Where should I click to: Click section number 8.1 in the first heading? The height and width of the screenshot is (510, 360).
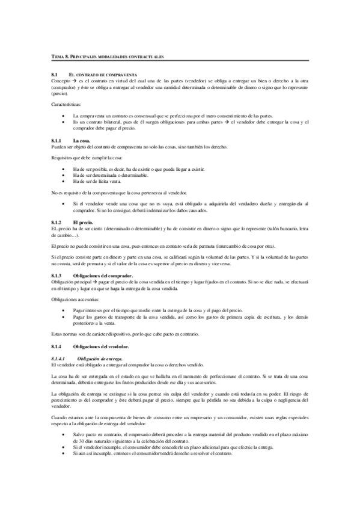(55, 74)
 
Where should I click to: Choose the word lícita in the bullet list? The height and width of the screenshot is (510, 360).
(104, 181)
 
